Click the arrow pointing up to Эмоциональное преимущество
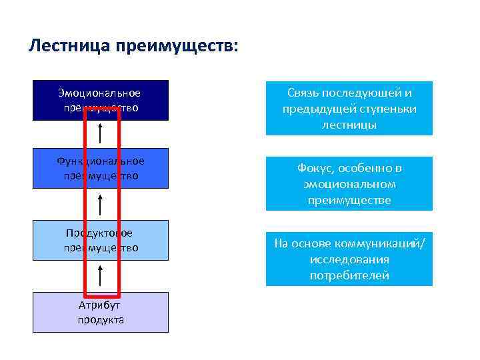click(x=100, y=133)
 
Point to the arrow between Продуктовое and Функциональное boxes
click(x=100, y=205)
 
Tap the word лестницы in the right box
click(x=349, y=125)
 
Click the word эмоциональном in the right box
click(x=349, y=184)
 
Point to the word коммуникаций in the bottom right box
click(x=387, y=243)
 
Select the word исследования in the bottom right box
click(x=349, y=259)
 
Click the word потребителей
click(x=349, y=275)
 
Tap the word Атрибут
click(x=101, y=306)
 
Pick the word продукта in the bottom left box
click(x=101, y=320)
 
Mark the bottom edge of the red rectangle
click(x=101, y=295)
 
